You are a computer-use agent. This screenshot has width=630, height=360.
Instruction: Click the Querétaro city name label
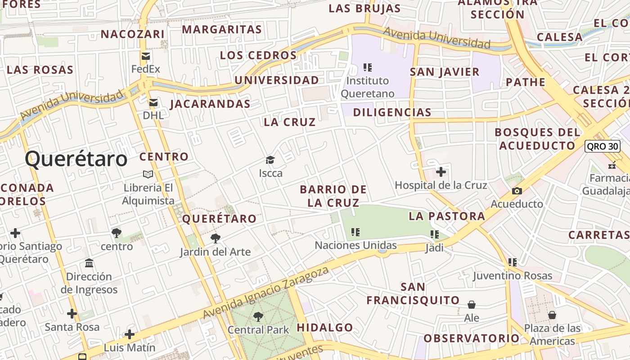76,159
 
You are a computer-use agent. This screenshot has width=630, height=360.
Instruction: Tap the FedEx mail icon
146,56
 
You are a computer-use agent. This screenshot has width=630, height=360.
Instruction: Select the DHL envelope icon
153,103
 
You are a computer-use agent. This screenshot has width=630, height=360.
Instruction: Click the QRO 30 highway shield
603,146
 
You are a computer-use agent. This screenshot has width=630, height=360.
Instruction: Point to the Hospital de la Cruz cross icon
441,172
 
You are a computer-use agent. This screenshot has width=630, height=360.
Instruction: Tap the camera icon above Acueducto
517,191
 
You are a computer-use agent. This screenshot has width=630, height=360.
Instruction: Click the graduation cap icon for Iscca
270,160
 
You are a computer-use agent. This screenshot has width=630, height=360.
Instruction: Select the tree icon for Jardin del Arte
216,238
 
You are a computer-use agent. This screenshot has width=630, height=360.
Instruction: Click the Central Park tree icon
258,317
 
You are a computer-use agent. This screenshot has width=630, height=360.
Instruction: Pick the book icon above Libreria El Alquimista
148,174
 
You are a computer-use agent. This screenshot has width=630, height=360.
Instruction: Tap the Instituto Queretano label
367,87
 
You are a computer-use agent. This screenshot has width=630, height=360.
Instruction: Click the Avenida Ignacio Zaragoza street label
266,292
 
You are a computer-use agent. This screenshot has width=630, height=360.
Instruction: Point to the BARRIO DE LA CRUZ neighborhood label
333,196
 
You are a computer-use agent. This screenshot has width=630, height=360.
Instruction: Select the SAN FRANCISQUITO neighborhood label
413,293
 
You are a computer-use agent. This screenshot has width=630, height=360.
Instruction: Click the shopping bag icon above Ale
472,305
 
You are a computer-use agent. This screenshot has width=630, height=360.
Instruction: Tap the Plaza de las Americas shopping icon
552,315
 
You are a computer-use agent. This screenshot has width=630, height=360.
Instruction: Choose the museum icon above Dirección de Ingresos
89,263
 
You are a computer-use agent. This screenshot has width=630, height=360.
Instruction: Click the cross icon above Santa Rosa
72,313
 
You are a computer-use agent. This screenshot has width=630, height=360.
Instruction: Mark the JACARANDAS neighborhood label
210,104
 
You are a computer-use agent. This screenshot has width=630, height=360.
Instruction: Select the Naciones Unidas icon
355,232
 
